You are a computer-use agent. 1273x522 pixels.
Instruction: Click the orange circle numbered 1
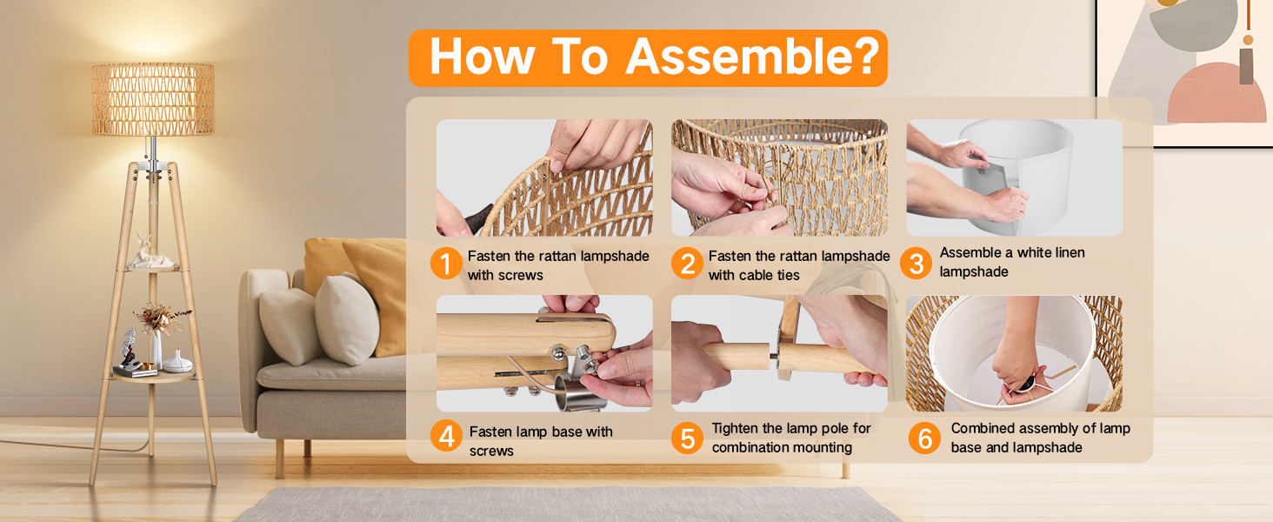(x=446, y=264)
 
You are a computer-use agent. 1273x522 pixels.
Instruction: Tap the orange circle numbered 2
(x=687, y=264)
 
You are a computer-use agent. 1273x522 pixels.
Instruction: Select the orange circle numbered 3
(x=916, y=264)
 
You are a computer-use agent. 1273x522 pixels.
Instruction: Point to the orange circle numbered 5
(x=687, y=438)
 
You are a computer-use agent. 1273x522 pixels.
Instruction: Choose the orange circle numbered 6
(x=924, y=438)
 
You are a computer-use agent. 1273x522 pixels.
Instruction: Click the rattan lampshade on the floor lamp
(x=153, y=99)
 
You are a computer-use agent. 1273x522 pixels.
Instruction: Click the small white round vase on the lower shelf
(x=177, y=362)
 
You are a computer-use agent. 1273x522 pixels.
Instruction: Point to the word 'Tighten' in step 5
(x=735, y=429)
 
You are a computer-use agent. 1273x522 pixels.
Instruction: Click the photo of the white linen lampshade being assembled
(x=1015, y=177)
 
